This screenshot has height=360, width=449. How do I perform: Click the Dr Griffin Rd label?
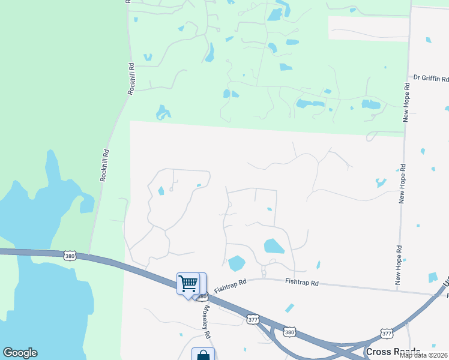(431, 79)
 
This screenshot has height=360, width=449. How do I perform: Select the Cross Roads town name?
(393, 351)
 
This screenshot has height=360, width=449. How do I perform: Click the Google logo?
(20, 353)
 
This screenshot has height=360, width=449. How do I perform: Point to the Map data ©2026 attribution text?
(424, 355)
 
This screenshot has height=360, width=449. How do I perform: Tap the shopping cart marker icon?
(188, 283)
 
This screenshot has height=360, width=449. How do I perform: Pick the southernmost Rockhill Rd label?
(104, 166)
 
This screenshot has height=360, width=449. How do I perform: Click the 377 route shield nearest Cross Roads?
(387, 332)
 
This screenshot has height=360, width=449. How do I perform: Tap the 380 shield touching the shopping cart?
(202, 296)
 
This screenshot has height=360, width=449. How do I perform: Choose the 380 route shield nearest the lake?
(70, 256)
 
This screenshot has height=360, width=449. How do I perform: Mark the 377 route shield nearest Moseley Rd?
(253, 320)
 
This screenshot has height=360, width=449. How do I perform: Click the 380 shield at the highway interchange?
(290, 332)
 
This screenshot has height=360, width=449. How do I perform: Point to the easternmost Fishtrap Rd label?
(301, 281)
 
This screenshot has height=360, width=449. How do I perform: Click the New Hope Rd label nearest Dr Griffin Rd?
(406, 103)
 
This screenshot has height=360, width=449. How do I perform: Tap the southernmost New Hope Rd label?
(397, 264)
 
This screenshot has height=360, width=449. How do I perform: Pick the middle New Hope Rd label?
(402, 183)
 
